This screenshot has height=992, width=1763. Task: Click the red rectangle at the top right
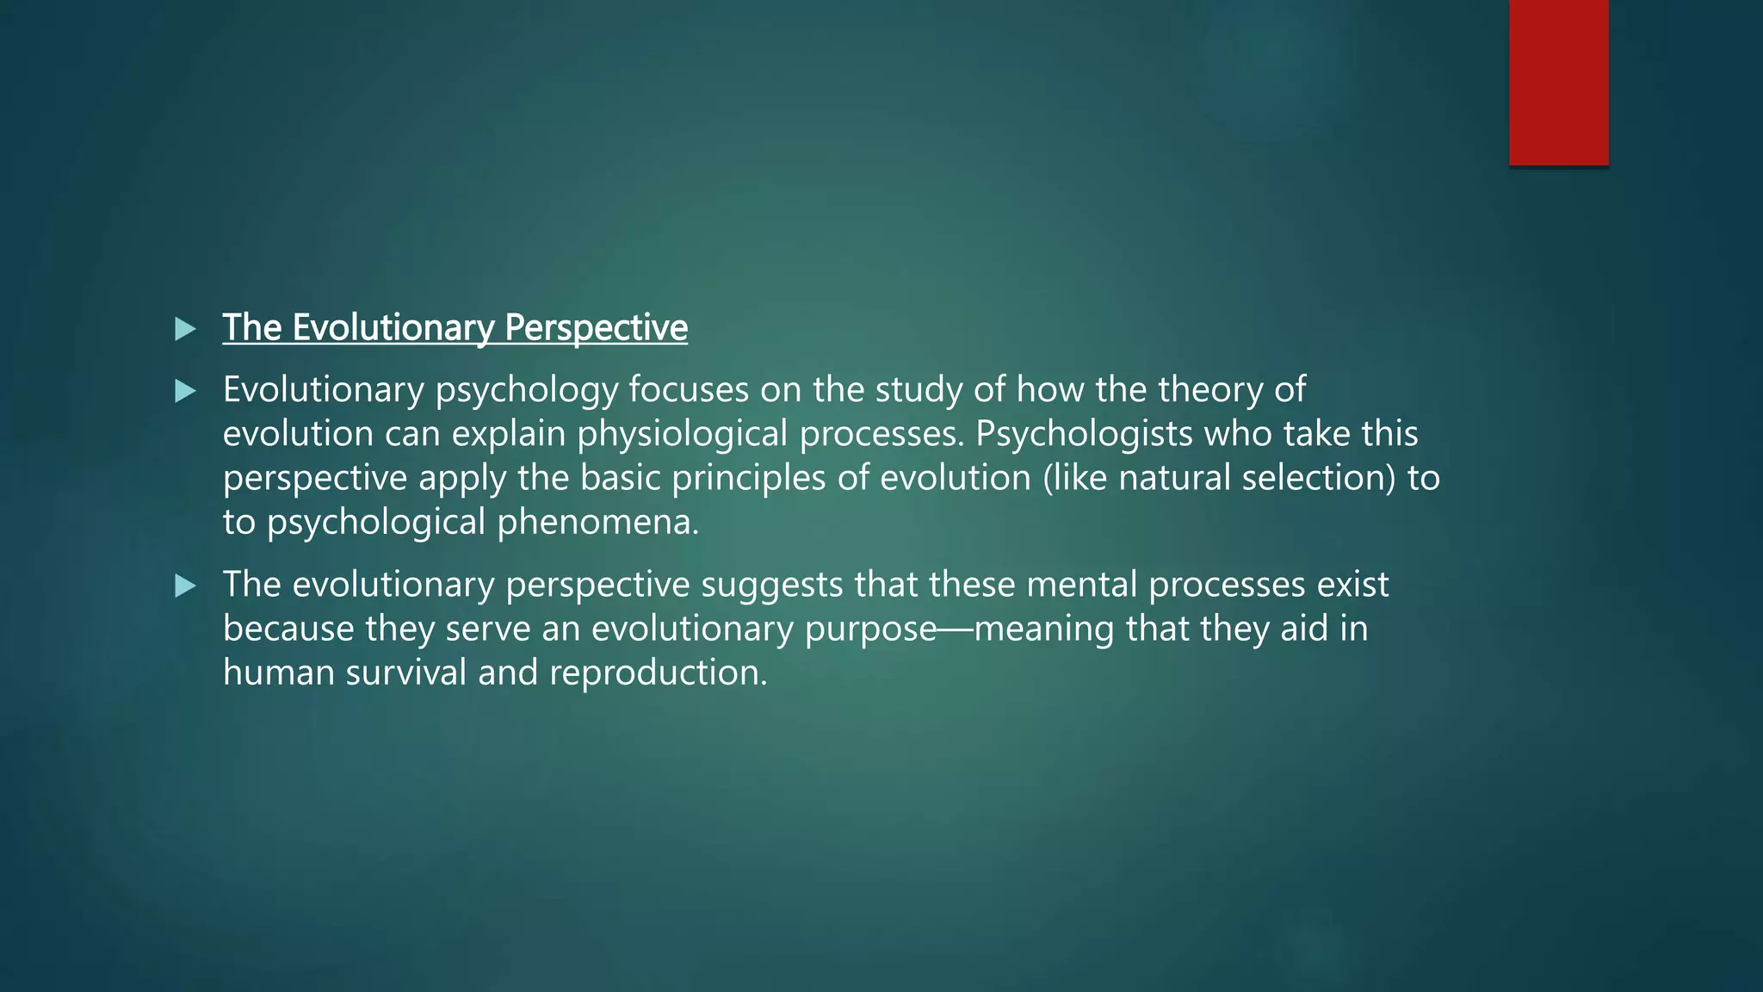click(x=1558, y=82)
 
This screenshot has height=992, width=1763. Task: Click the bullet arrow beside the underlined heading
click(x=185, y=329)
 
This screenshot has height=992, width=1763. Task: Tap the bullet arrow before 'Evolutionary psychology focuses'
click(x=185, y=392)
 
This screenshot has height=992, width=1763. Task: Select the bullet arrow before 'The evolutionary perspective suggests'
click(x=185, y=586)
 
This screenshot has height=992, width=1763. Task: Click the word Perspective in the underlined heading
click(x=596, y=328)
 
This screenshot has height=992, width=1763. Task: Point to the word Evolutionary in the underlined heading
click(x=393, y=328)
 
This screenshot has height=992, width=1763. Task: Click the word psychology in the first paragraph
click(x=526, y=391)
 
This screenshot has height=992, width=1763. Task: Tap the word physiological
click(x=682, y=434)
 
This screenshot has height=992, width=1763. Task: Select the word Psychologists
click(x=1084, y=434)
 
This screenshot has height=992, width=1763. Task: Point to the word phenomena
click(x=598, y=522)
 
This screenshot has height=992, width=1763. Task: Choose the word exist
click(x=1352, y=586)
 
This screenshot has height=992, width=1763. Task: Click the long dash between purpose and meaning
click(x=956, y=629)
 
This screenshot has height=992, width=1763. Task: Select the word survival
click(x=406, y=673)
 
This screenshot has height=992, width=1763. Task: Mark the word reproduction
click(x=658, y=673)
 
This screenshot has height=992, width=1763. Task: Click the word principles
click(x=748, y=478)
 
